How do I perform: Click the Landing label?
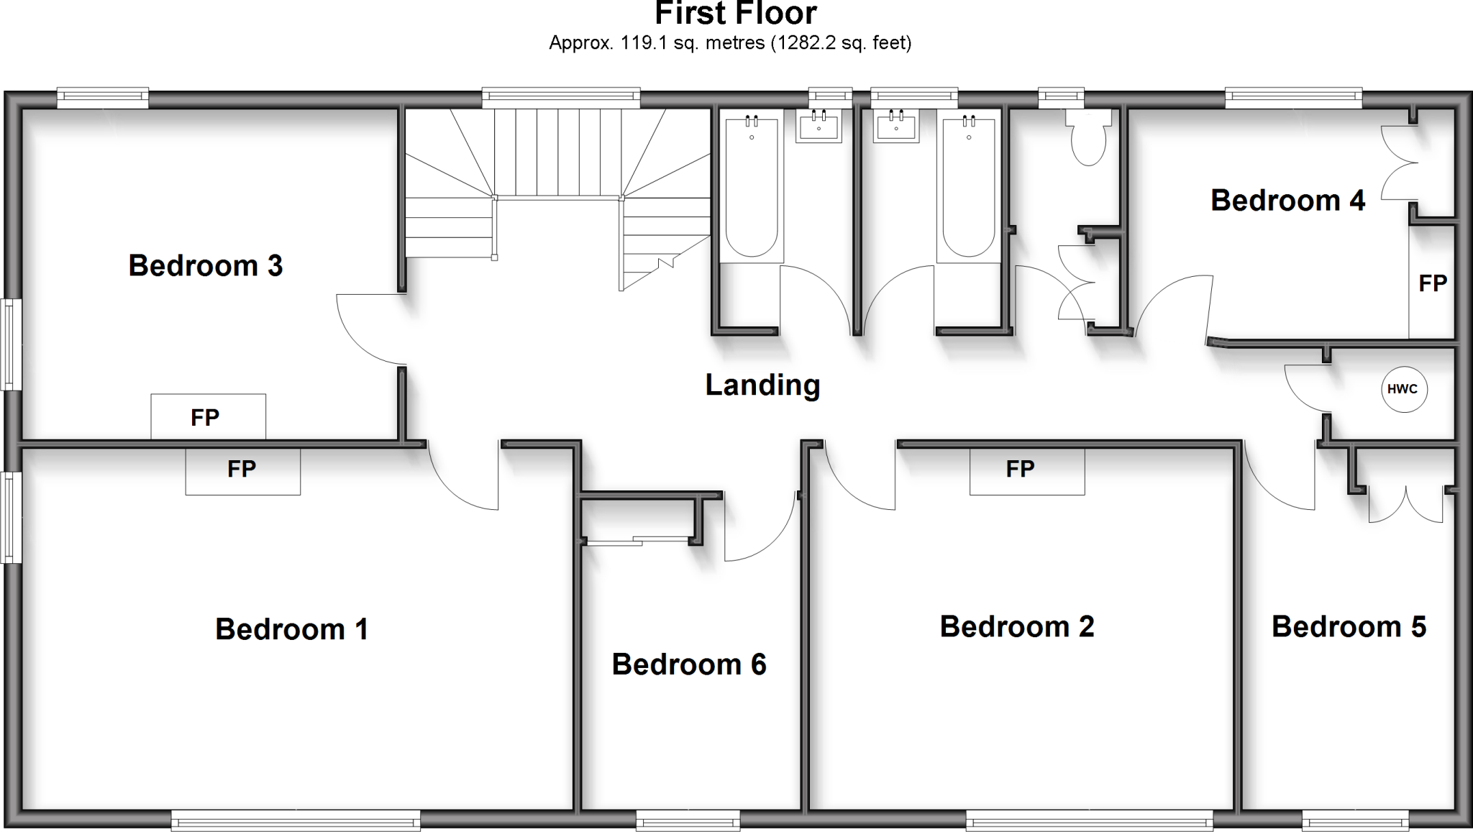pyautogui.click(x=762, y=385)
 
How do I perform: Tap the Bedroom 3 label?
pyautogui.click(x=206, y=266)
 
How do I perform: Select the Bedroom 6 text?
pyautogui.click(x=689, y=664)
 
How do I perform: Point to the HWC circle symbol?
pyautogui.click(x=1403, y=390)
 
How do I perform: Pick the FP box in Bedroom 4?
pyautogui.click(x=1432, y=283)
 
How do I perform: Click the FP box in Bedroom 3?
pyautogui.click(x=208, y=417)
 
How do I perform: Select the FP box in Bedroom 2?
pyautogui.click(x=1027, y=470)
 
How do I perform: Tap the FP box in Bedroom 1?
pyautogui.click(x=243, y=470)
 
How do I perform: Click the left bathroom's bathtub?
pyautogui.click(x=752, y=188)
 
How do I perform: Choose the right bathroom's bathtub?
pyautogui.click(x=968, y=188)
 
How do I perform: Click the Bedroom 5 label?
pyautogui.click(x=1349, y=627)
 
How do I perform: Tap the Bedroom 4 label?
pyautogui.click(x=1287, y=201)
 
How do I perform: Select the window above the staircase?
pyautogui.click(x=561, y=97)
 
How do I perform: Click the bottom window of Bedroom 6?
pyautogui.click(x=688, y=819)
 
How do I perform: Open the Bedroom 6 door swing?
pyautogui.click(x=761, y=529)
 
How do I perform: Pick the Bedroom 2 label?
pyautogui.click(x=1017, y=627)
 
